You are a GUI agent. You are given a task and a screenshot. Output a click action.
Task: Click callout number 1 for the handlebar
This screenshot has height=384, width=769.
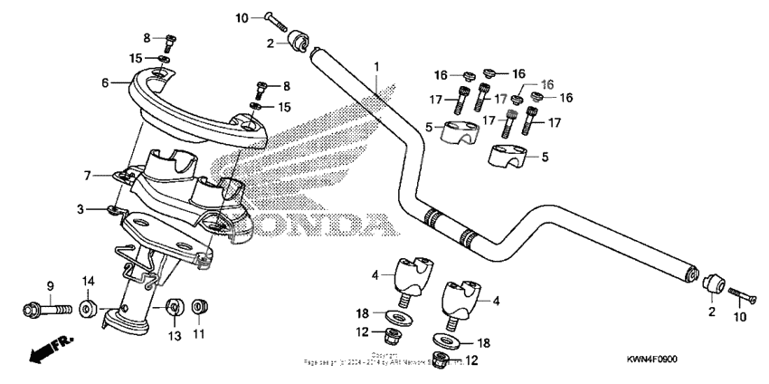[377, 66]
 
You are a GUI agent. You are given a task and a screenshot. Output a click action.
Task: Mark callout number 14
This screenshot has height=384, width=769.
[89, 281]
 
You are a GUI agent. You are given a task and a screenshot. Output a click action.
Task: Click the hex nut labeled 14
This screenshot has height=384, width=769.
[89, 309]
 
